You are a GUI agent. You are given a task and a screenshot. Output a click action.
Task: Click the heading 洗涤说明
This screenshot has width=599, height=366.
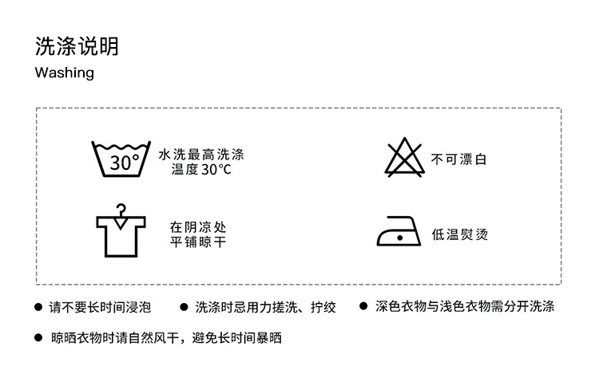pos(77,45)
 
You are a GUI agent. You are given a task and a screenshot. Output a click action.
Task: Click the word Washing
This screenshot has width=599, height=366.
pos(65,73)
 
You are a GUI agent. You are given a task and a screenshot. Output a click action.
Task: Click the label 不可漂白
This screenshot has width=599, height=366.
pos(458,159)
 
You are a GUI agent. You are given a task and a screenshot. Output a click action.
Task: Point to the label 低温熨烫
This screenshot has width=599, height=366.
pos(458,234)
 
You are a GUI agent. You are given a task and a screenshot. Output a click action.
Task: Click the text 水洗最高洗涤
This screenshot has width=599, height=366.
pos(200,153)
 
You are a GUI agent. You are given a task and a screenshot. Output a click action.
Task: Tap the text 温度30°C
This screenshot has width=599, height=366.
pos(200,169)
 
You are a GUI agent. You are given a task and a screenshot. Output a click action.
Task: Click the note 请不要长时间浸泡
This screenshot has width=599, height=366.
pos(100,306)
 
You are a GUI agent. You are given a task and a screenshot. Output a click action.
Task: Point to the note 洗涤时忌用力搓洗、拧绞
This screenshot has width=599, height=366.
pos(265,306)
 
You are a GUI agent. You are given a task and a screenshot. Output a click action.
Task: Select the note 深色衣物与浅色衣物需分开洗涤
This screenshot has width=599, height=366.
pos(465,306)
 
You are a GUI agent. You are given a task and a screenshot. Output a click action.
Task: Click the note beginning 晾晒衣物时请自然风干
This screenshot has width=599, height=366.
pos(166,338)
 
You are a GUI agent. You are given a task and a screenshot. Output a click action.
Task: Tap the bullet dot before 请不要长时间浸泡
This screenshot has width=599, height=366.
pos(38,307)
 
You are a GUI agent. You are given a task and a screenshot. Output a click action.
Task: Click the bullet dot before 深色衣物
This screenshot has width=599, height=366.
pos(363,306)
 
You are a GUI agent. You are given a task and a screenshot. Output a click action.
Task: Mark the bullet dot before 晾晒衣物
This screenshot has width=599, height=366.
pos(38,338)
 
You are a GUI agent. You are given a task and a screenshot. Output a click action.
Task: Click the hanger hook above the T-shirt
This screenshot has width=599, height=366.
pos(121,210)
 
